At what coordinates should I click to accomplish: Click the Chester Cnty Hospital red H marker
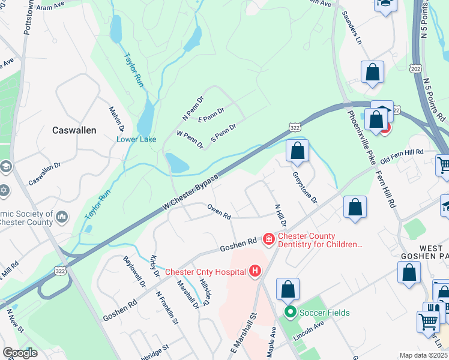click(x=255, y=272)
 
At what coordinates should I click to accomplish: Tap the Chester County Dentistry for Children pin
click(x=268, y=240)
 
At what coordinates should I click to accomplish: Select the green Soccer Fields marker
click(x=291, y=312)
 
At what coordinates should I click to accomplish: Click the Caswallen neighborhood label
click(x=74, y=130)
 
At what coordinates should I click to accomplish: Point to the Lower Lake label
click(x=136, y=140)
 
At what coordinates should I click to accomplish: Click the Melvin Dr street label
click(x=116, y=119)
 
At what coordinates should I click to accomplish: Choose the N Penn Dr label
click(x=193, y=107)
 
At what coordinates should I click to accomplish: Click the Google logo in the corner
click(x=19, y=353)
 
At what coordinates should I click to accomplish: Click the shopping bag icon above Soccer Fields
click(x=288, y=290)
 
